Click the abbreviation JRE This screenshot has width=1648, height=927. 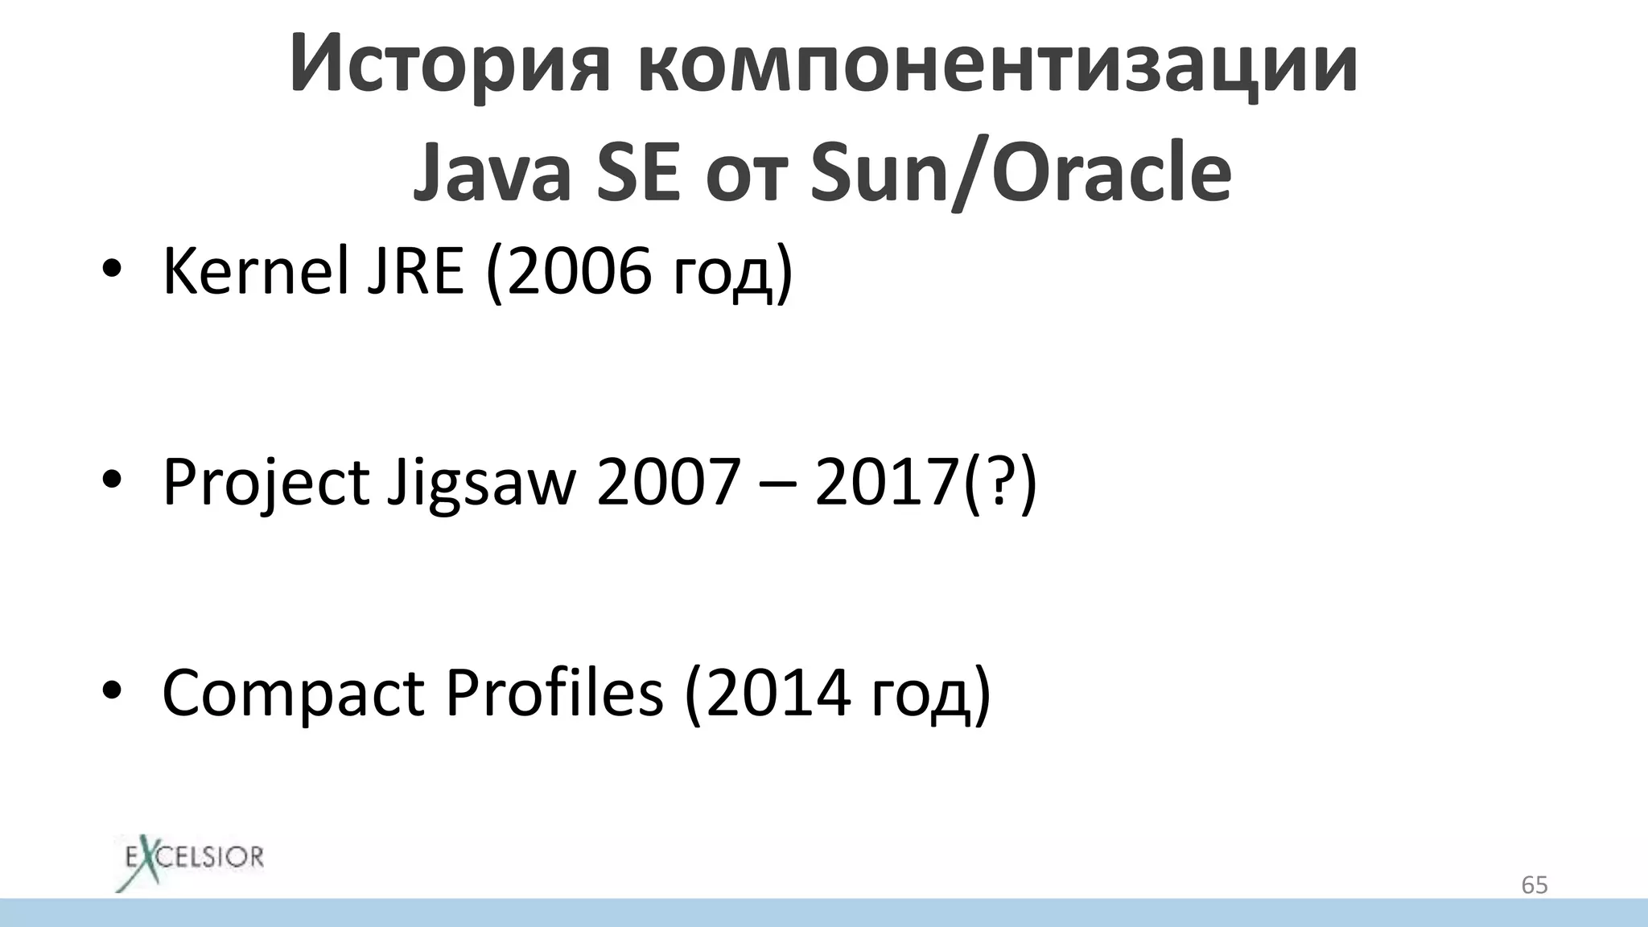(415, 272)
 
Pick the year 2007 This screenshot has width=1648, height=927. (668, 483)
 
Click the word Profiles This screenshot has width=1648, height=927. (554, 692)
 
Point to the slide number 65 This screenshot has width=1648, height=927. (1534, 885)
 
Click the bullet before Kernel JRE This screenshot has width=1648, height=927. (111, 272)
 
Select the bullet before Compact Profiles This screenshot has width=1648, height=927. (111, 692)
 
